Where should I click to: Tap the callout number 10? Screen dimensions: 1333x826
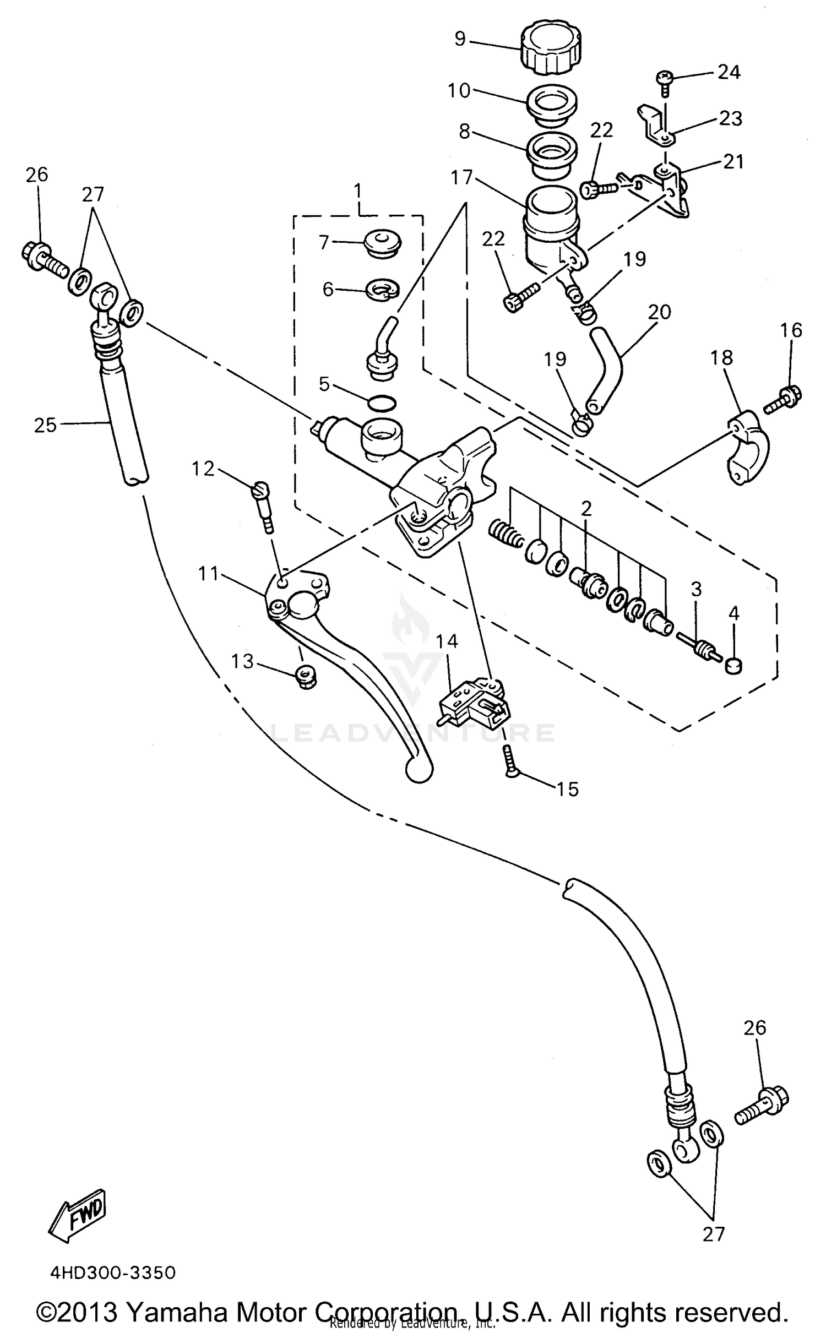click(459, 91)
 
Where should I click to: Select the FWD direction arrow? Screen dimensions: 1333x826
click(78, 1221)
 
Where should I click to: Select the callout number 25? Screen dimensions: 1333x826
click(45, 426)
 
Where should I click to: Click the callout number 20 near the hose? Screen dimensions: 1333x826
click(659, 313)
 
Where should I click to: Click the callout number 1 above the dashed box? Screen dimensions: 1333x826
click(358, 192)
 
